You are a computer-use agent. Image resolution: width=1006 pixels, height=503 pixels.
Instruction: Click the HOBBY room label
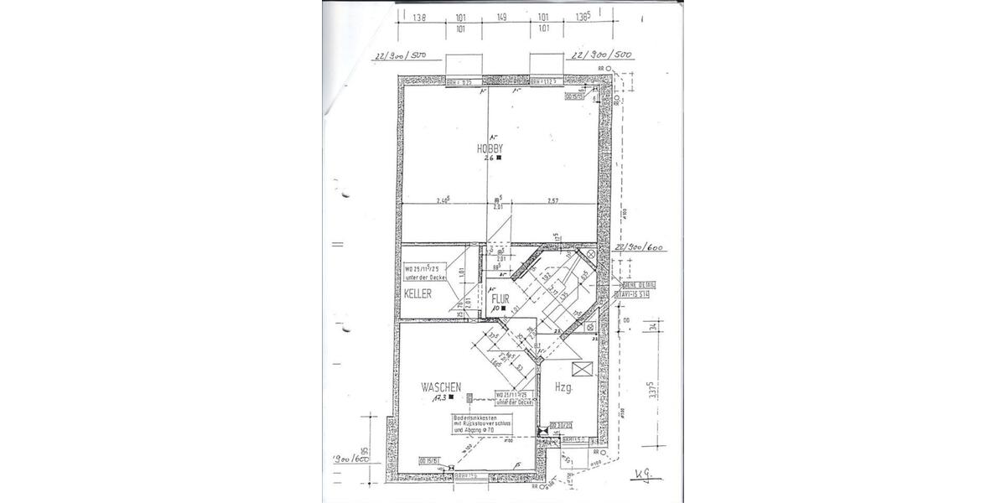(x=489, y=148)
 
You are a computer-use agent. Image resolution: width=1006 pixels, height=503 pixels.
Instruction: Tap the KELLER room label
(x=417, y=294)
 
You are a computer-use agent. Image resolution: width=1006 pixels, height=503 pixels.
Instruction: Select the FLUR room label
(x=500, y=298)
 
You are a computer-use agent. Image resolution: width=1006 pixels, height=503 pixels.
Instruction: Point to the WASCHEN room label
(x=441, y=387)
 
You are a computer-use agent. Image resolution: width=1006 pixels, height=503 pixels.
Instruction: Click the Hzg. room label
(x=563, y=387)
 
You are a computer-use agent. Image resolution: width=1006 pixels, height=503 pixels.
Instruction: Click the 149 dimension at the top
(x=500, y=15)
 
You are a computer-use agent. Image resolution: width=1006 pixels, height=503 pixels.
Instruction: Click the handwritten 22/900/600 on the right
(x=639, y=248)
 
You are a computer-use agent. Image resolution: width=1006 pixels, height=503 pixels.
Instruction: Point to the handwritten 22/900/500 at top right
(x=599, y=55)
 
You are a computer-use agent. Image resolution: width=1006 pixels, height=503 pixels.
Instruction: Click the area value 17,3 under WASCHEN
(x=438, y=400)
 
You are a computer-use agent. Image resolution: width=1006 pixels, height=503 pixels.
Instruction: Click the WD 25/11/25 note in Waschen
(x=516, y=397)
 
